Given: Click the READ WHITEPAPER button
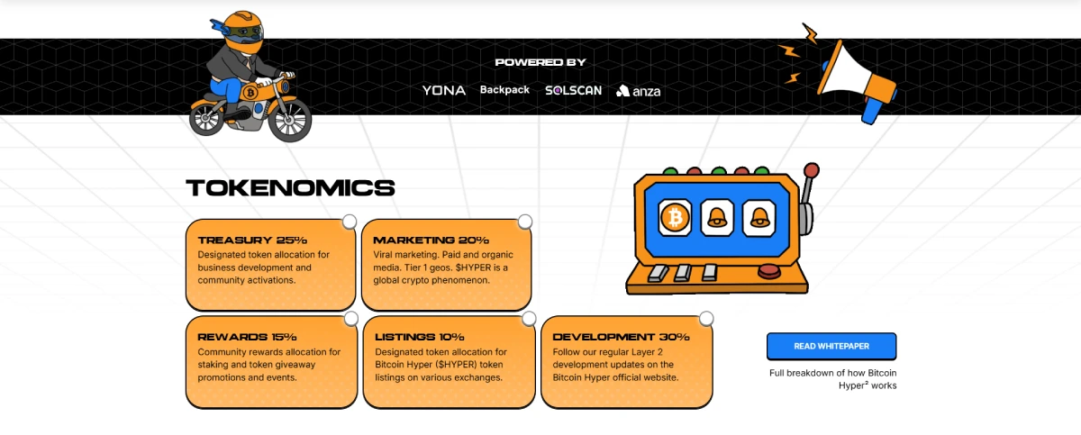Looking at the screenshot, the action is coord(831,346).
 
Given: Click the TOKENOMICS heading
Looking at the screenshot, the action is coord(290,188).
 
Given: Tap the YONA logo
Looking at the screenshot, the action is coord(444,90).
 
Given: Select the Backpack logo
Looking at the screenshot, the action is coord(504,90).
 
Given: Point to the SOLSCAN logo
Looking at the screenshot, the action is coord(573,91).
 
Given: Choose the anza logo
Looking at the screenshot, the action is coord(639,91).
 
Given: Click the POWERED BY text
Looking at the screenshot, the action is coord(540,62).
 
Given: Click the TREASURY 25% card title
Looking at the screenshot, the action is coord(252,240).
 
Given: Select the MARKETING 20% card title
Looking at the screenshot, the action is coord(431,240).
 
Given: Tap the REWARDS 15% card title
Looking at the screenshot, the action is coord(247,337).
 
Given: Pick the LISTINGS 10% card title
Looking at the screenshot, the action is coord(420,337).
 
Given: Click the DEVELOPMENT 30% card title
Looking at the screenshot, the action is coord(621,337).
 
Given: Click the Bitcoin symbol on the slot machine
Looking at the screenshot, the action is coord(675,218).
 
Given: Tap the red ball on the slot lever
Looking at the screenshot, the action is coord(812,170).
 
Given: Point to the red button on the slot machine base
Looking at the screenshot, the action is coord(769,271).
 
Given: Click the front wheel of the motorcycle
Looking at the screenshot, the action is coord(290,119).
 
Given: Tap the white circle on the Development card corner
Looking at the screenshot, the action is coord(706,319).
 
